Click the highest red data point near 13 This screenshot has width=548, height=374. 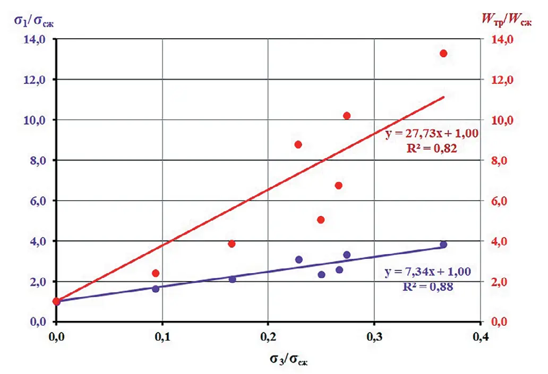pos(443,53)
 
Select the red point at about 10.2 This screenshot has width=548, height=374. pos(347,116)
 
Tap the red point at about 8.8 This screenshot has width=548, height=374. pos(298,144)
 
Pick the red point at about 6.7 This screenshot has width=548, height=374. pos(338,186)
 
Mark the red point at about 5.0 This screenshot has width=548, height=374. pos(321,220)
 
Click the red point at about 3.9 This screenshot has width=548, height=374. pos(232,243)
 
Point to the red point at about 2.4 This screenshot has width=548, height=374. pos(156,273)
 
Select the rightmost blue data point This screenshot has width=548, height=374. pos(443,245)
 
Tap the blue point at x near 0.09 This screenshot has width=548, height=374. pos(156,289)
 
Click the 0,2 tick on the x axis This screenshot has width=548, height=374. pos(268,336)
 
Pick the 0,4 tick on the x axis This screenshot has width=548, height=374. pos(481,336)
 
